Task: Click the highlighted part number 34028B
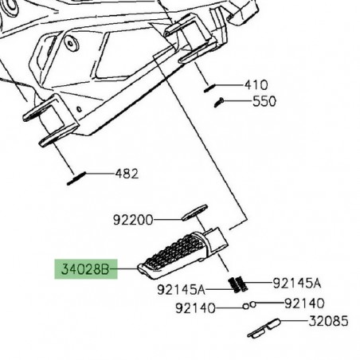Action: pos(82,270)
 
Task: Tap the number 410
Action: pos(256,84)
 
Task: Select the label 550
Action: pos(264,102)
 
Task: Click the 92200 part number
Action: pos(131,217)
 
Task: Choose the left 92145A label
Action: pos(180,288)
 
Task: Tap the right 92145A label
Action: pos(296,283)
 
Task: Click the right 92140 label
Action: pos(305,303)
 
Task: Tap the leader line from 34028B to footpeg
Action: pos(125,271)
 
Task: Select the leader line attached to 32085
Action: pos(292,323)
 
